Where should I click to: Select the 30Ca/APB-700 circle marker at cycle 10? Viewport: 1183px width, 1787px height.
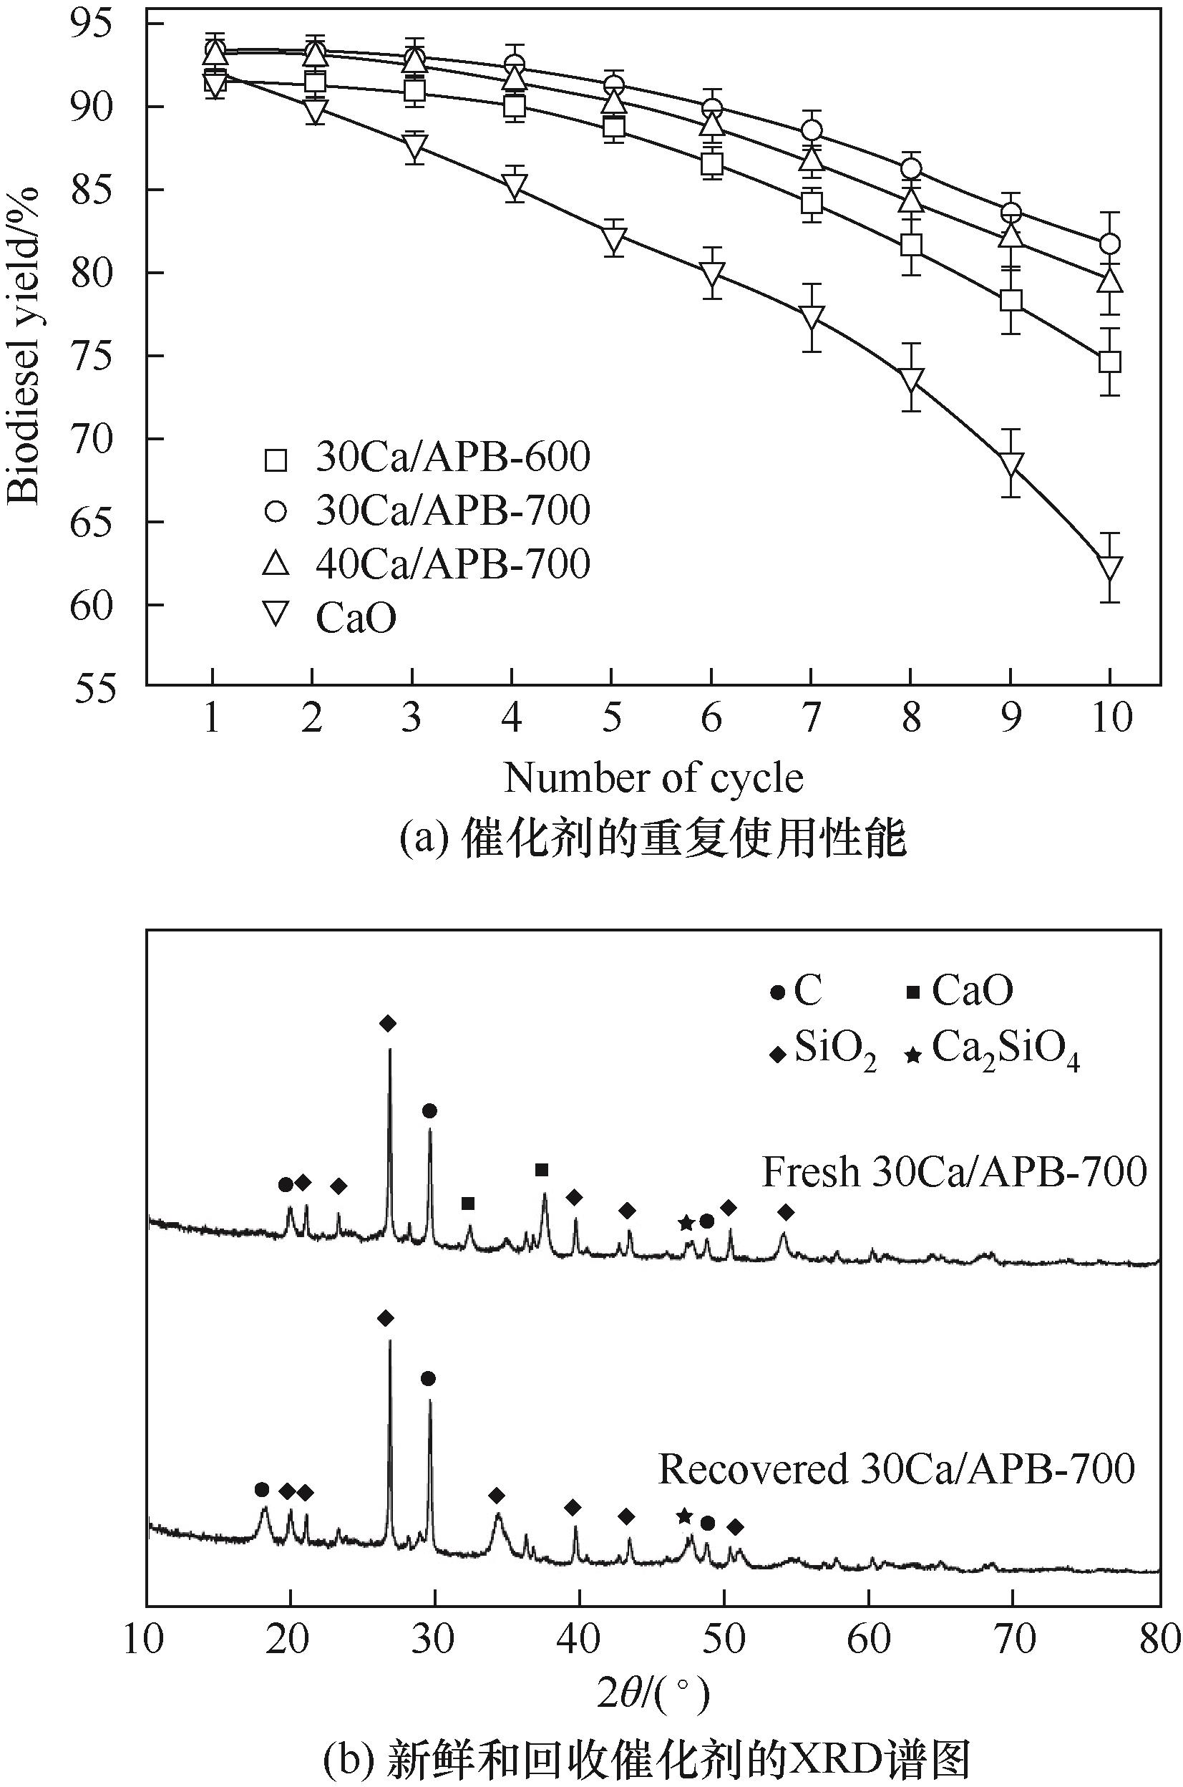[1109, 243]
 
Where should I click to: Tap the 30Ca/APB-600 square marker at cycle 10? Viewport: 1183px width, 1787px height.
[1109, 362]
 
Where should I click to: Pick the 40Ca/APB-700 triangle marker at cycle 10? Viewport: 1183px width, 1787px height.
[1109, 281]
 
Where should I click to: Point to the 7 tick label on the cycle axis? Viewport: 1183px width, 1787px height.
[811, 717]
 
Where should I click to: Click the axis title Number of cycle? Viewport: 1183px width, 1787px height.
[653, 778]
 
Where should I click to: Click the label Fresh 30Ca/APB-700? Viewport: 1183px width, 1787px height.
[954, 1173]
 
